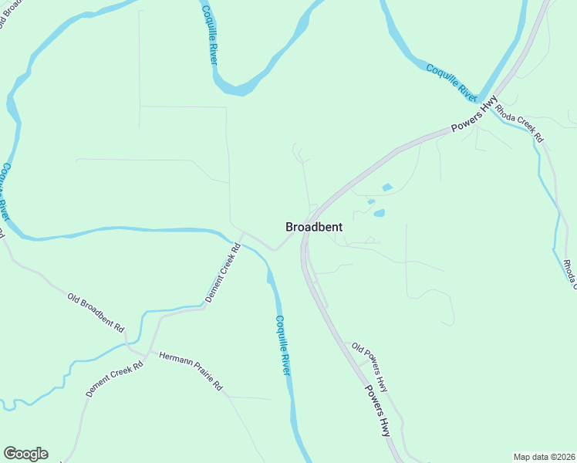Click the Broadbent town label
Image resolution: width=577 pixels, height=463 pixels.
tap(314, 227)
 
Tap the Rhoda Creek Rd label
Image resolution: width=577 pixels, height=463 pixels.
tap(518, 122)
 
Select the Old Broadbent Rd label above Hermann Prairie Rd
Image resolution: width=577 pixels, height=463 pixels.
tap(96, 312)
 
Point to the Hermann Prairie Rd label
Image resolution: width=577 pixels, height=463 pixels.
tap(190, 370)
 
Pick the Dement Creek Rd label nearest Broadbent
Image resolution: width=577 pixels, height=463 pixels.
tap(223, 273)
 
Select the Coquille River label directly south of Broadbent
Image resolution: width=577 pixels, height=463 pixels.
tap(283, 345)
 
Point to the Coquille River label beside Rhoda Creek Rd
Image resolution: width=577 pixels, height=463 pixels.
tap(451, 80)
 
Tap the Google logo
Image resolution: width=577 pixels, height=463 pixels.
tap(25, 454)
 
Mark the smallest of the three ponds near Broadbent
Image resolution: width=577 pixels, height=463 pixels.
tap(371, 202)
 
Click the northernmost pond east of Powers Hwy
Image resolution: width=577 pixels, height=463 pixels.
tap(386, 188)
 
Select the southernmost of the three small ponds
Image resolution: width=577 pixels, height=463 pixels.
tap(379, 213)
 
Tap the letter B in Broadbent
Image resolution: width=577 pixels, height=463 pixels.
tap(290, 227)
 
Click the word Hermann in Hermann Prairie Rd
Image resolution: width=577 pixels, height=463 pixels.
tap(174, 362)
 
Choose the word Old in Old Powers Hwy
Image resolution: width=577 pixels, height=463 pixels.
tap(358, 349)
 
